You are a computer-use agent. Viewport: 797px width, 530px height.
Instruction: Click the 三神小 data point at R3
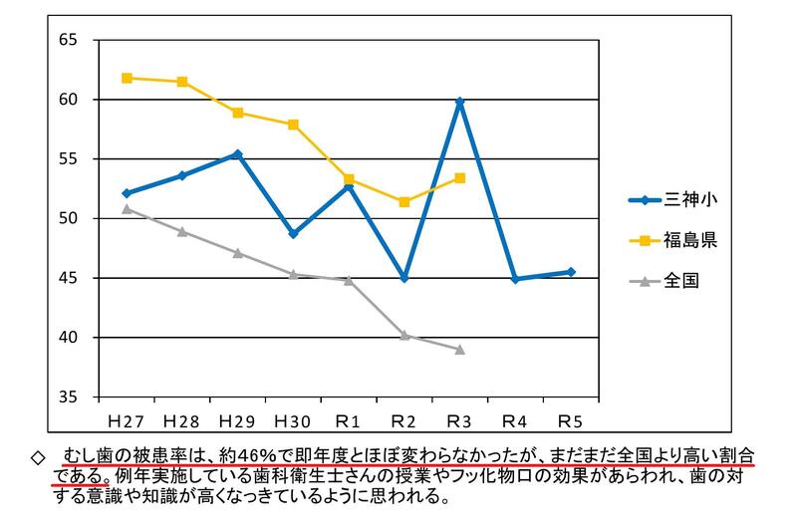(459, 101)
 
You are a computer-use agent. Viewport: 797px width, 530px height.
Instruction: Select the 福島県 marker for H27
(127, 78)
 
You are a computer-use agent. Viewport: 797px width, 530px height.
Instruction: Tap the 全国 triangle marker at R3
(459, 350)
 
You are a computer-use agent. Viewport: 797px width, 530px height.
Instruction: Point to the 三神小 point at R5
(571, 272)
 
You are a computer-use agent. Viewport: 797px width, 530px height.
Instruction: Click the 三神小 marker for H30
(294, 233)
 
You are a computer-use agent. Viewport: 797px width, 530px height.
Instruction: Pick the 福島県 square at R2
(404, 202)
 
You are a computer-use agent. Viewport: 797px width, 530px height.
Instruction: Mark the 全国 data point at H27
(127, 208)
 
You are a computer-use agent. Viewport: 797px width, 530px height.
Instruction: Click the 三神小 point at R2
(404, 278)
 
